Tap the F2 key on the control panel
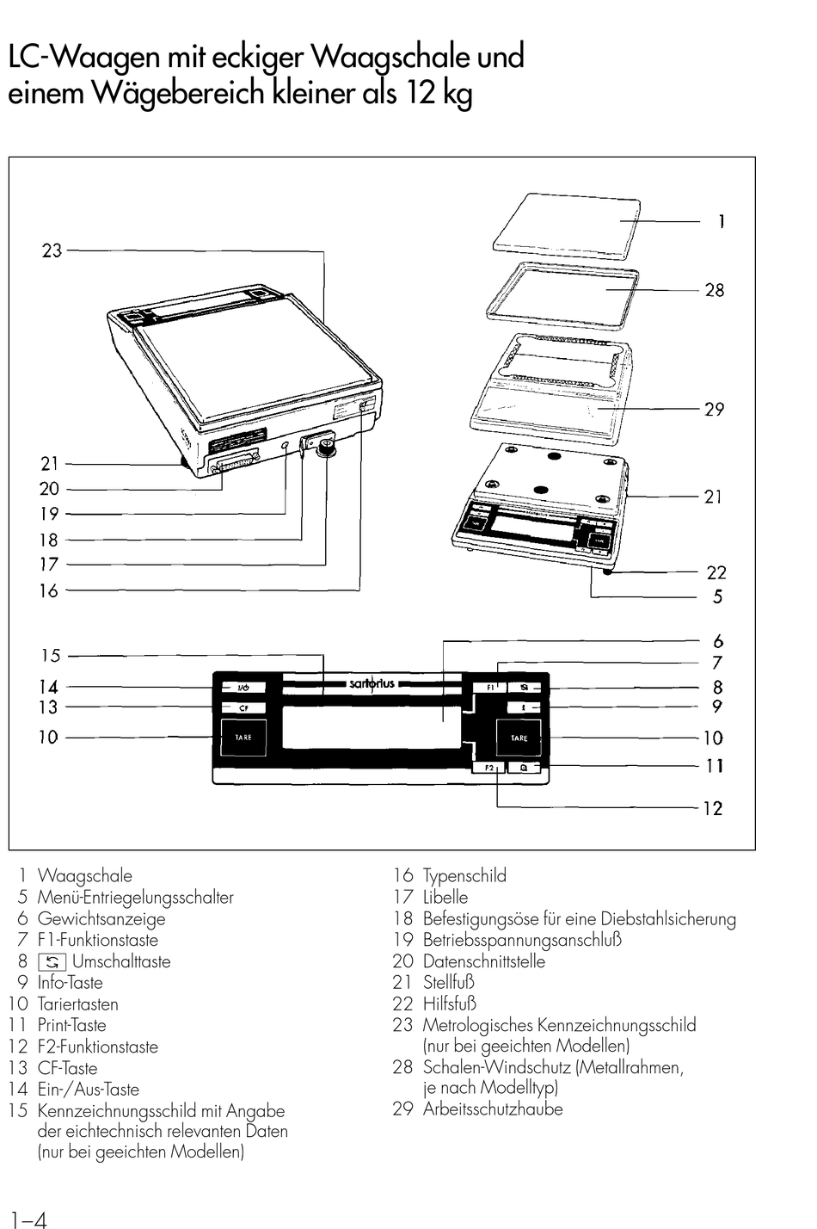(x=488, y=767)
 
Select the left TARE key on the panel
(x=244, y=738)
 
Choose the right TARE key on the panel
(x=519, y=738)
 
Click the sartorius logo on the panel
(x=372, y=684)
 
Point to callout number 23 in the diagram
(x=52, y=250)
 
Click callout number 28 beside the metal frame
(x=715, y=290)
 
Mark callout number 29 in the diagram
(x=715, y=409)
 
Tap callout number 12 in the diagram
(x=713, y=808)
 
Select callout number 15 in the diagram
(x=51, y=656)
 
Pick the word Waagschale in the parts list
(x=85, y=876)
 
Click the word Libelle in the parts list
(x=445, y=897)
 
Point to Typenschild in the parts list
(x=464, y=876)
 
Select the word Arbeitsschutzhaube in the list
(x=493, y=1109)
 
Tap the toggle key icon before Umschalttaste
(x=52, y=961)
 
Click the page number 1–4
(x=28, y=1219)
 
